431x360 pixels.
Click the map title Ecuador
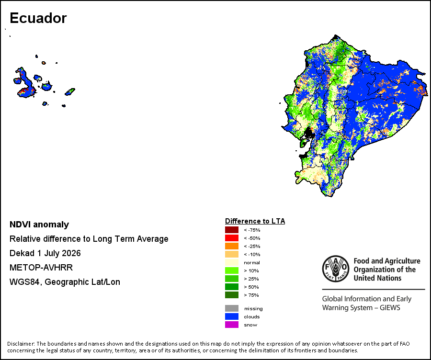click(38, 18)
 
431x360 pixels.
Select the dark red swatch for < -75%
click(232, 230)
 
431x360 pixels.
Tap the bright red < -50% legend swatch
click(232, 238)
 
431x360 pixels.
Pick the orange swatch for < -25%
click(232, 246)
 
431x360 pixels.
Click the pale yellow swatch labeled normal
click(232, 262)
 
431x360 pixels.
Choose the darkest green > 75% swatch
click(232, 295)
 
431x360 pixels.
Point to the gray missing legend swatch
click(232, 308)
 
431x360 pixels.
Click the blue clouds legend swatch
click(232, 316)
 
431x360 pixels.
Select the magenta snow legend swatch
click(232, 325)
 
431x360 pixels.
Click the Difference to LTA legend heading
click(255, 221)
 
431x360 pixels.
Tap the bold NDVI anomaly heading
click(39, 225)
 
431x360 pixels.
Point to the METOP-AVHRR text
click(41, 268)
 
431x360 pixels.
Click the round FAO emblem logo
click(336, 269)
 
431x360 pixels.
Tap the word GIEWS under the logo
click(390, 307)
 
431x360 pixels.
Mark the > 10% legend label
click(251, 270)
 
